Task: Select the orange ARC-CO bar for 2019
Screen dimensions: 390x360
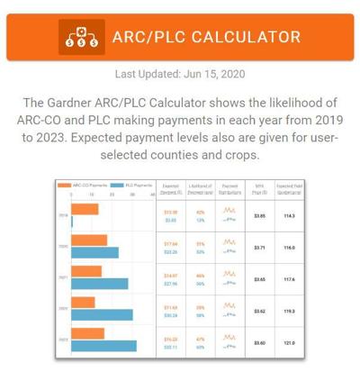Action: (85, 210)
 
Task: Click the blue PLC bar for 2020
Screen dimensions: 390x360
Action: (94, 252)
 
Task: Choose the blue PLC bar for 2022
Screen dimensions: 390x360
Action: (102, 314)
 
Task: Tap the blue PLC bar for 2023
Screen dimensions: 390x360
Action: (103, 346)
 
